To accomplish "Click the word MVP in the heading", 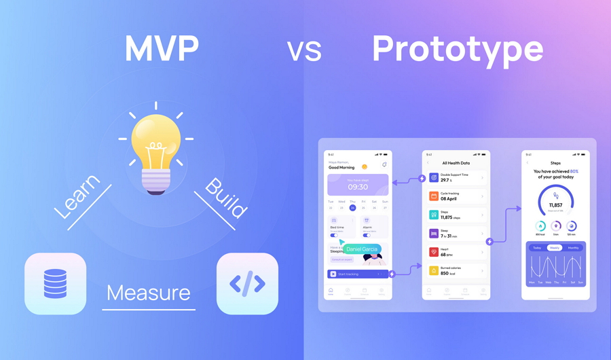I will [x=162, y=49].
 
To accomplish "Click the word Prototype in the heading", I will [x=458, y=49].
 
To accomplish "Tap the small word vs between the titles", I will [x=303, y=51].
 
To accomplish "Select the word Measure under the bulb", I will [x=148, y=293].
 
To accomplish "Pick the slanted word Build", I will [x=227, y=198].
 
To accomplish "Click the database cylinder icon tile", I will [x=56, y=284].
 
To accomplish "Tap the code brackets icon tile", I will [x=247, y=284].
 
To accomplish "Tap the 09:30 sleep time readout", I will [x=358, y=187].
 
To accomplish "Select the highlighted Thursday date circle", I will [x=352, y=208].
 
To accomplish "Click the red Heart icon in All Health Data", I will [x=434, y=252].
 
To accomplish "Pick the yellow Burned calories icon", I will [x=434, y=271].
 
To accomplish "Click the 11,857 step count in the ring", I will [x=555, y=204].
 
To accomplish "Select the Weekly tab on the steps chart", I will [x=555, y=248].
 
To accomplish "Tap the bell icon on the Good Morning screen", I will [x=384, y=165].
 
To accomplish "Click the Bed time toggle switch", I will [x=334, y=235].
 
